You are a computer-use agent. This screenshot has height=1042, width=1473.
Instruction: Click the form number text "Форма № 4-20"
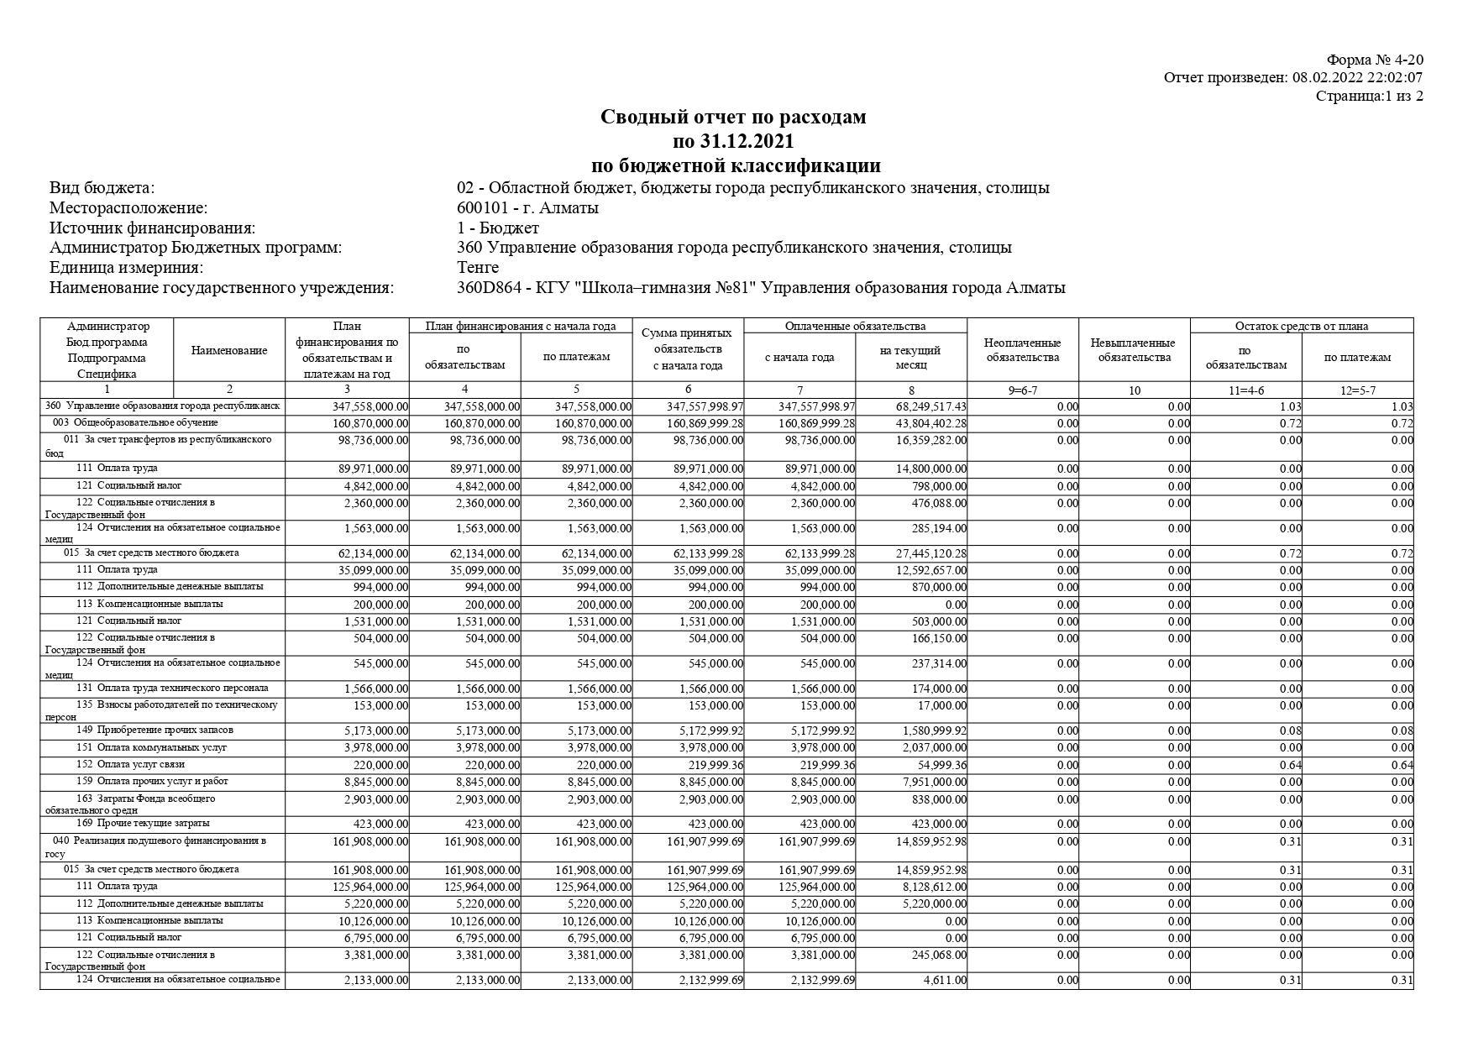[x=1374, y=60]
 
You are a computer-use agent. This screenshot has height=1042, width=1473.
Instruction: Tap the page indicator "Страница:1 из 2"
[x=1369, y=96]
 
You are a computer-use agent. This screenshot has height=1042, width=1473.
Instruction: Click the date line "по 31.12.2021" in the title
[x=733, y=141]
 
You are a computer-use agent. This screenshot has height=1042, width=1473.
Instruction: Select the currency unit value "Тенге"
[x=478, y=268]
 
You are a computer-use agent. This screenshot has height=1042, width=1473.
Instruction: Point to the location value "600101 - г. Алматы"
[x=527, y=208]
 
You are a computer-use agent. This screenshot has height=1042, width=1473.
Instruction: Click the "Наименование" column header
[x=229, y=350]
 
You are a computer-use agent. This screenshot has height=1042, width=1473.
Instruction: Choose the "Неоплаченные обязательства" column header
[x=1022, y=350]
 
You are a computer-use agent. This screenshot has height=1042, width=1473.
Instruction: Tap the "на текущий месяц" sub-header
[x=910, y=357]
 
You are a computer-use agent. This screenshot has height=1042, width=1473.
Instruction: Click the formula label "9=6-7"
[x=1022, y=390]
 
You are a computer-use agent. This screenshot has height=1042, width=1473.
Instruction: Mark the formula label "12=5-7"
[x=1357, y=390]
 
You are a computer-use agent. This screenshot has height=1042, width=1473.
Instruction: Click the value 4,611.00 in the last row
[x=946, y=981]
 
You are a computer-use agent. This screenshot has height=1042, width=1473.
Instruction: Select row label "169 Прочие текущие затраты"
[x=143, y=824]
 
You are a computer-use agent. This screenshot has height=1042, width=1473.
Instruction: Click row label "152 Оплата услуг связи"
[x=130, y=765]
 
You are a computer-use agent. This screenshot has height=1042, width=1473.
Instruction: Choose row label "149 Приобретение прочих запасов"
[x=155, y=730]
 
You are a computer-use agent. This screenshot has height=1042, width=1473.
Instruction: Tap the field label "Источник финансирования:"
[x=152, y=228]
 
